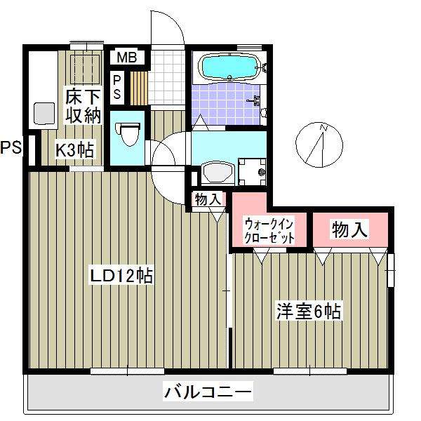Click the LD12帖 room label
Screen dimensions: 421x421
coord(121,276)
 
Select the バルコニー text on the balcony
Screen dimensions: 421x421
coord(208,391)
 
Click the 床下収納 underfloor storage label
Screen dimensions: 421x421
coord(84,106)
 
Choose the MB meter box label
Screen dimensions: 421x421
coord(127,57)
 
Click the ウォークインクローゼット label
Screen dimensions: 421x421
coord(270,229)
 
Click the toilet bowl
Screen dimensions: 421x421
coord(127,133)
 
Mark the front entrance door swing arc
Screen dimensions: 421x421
coord(168,28)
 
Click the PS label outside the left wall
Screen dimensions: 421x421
coord(11,148)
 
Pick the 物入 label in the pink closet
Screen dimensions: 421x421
coord(349,229)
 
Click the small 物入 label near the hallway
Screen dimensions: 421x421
coord(208,199)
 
